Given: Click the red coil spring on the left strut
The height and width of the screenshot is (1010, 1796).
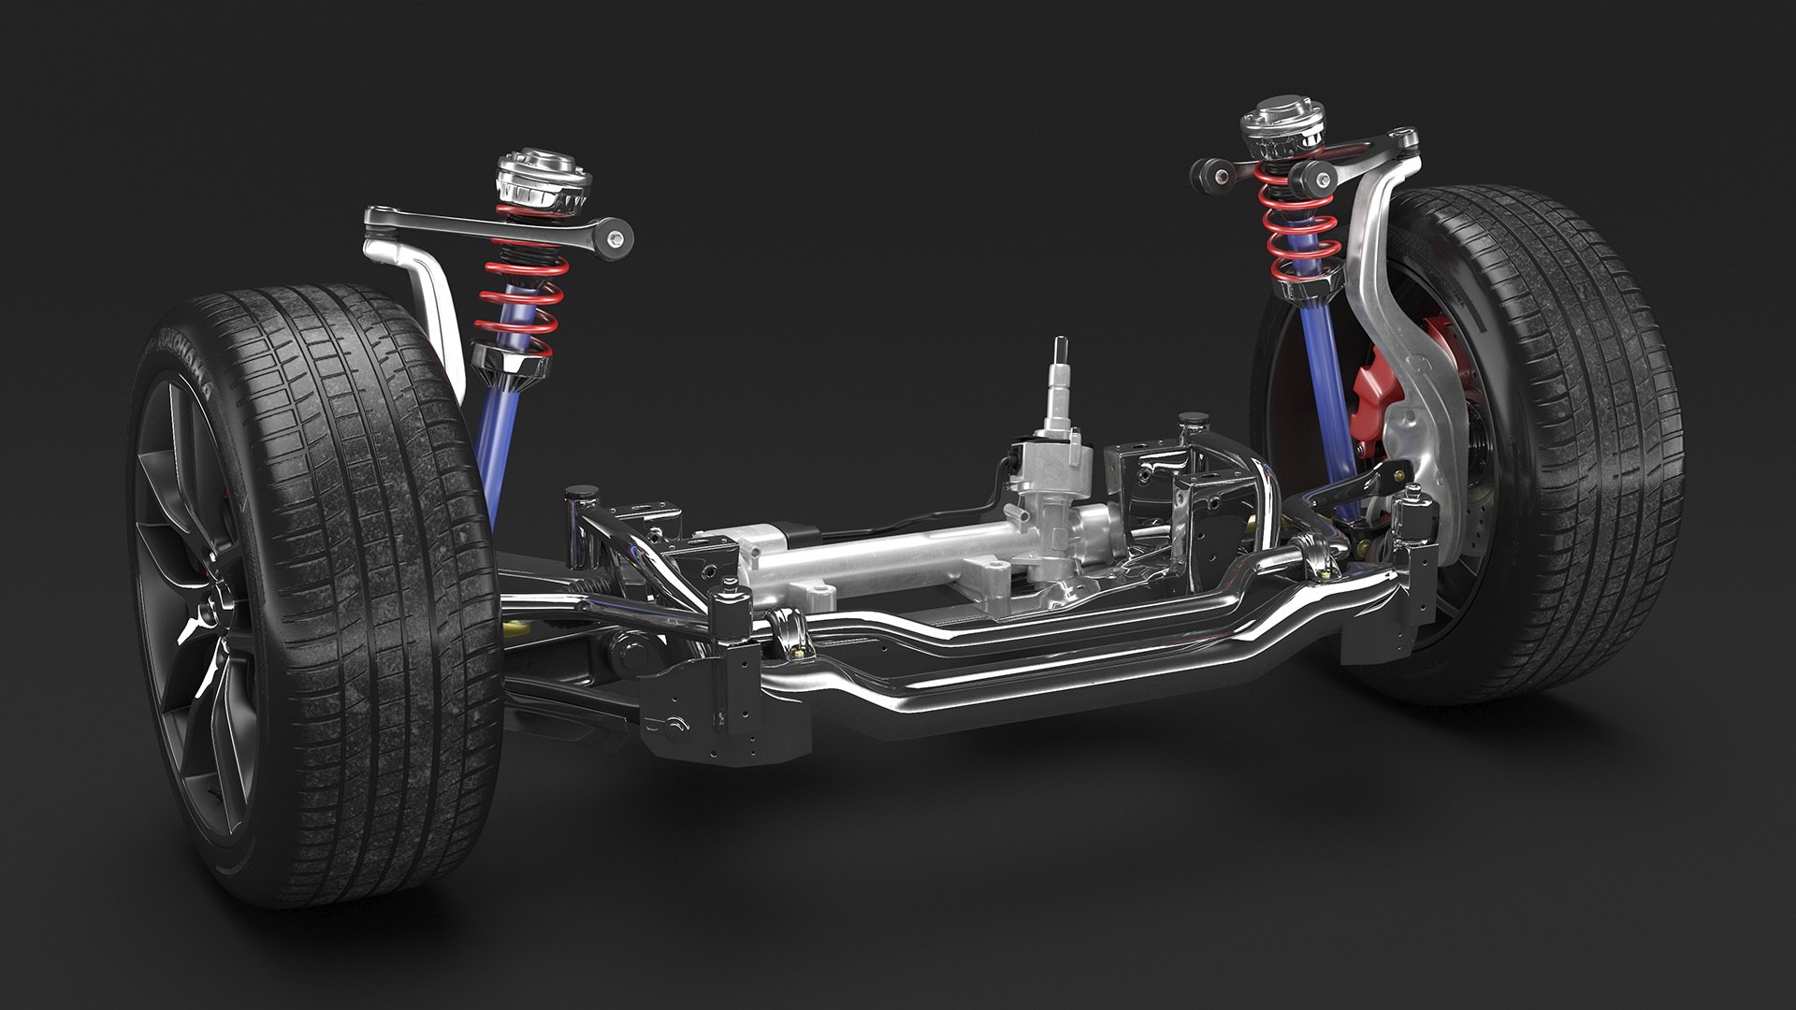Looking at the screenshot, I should pyautogui.click(x=519, y=297).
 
